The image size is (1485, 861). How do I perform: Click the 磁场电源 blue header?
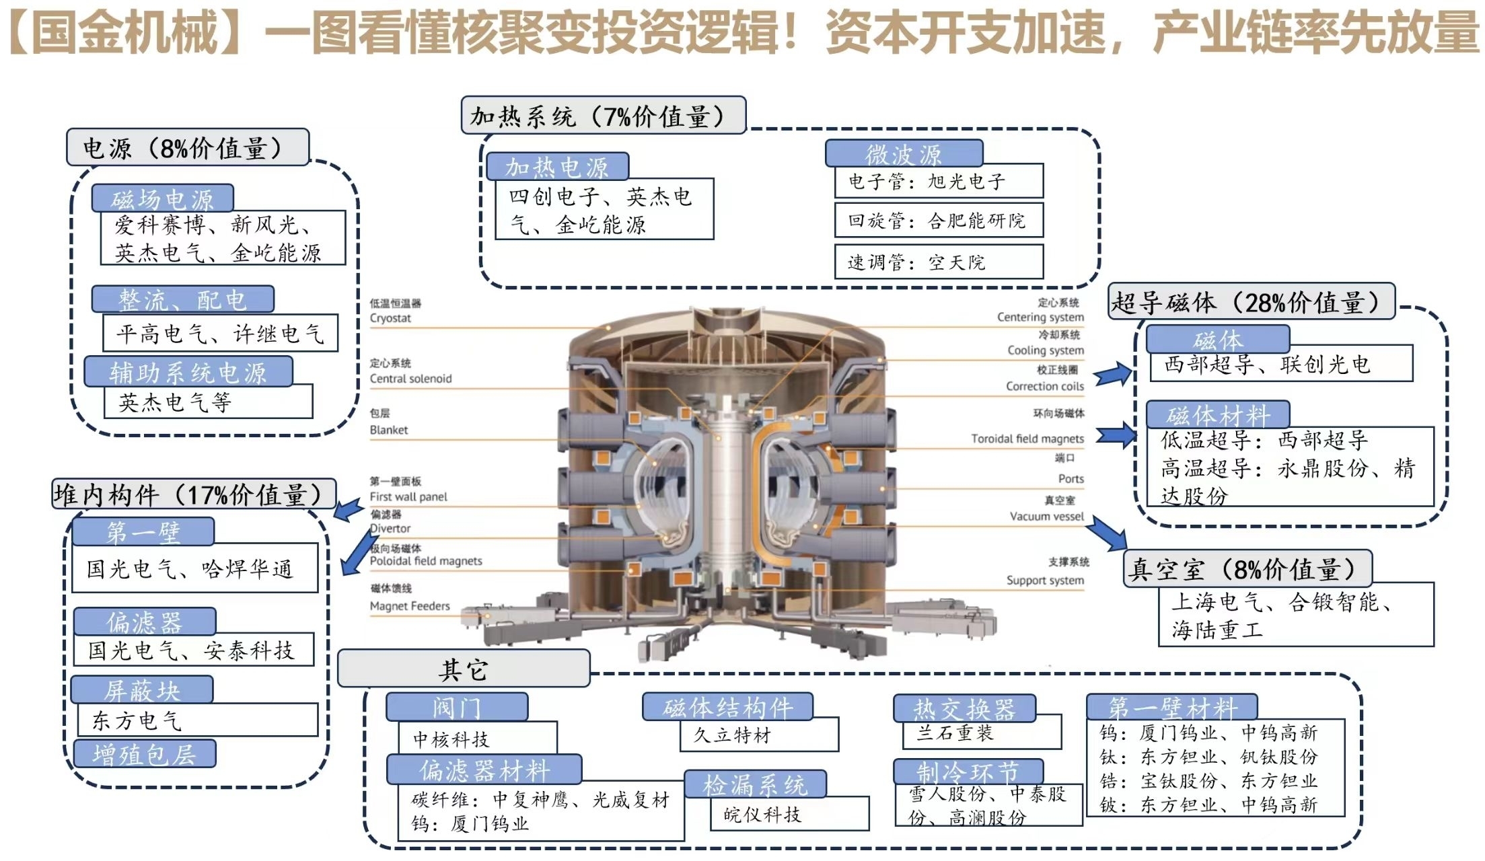coord(162,198)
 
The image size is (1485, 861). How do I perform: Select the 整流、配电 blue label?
coord(182,299)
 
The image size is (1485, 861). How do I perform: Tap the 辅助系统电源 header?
coord(188,372)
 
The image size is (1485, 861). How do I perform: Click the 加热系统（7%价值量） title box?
coord(603,116)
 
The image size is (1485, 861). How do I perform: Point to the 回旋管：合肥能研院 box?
coord(938,221)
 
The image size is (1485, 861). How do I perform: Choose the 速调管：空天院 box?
coord(938,262)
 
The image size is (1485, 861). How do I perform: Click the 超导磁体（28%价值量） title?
coord(1251,302)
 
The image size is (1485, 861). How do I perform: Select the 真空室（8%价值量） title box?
coord(1247,569)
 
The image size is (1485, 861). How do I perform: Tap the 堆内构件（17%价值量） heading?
coord(193,494)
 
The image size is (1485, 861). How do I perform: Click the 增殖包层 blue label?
coord(144,754)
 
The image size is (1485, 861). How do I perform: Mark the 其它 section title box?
coord(463,669)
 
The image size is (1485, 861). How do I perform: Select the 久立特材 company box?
coord(759,735)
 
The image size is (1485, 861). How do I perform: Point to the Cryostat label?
coord(390,317)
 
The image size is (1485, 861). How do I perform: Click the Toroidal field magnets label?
coord(1027,439)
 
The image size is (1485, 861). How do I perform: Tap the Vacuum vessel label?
coord(1046,516)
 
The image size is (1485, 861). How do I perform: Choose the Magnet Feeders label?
coord(410,605)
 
